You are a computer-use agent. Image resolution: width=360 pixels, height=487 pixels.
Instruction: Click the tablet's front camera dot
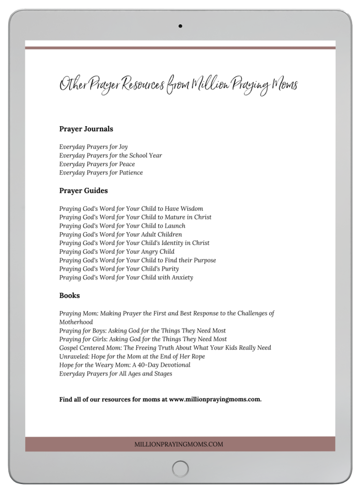point(180,26)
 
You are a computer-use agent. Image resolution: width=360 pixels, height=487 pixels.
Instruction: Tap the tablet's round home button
point(180,469)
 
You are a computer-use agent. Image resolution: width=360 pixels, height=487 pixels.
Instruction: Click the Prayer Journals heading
point(86,129)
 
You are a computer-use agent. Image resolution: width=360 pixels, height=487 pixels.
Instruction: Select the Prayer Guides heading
point(83,191)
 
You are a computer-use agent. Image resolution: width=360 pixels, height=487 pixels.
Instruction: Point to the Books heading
point(70,295)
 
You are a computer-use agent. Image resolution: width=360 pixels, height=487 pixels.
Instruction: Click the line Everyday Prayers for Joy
point(94,147)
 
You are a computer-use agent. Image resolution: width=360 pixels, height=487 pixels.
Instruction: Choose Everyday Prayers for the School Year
point(111,155)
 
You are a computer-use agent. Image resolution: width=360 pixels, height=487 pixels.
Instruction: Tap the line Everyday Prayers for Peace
point(97,164)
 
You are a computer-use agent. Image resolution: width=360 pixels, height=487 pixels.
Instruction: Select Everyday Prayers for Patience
point(101,173)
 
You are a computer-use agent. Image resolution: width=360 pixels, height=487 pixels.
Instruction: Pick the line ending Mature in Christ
point(135,217)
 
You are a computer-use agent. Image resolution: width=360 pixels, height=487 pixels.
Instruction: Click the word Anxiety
point(181,278)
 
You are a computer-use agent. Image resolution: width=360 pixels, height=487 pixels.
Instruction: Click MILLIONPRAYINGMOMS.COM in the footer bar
point(180,444)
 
